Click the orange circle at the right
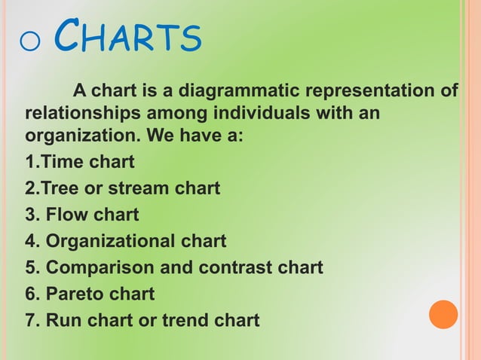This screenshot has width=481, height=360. coord(443,314)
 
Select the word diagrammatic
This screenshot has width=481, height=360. coord(238,92)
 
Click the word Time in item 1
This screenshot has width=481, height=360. coord(63,162)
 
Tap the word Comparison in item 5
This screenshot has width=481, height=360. coord(97,267)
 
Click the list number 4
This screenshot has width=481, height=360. coord(31,241)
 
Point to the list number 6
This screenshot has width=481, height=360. coord(31,294)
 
